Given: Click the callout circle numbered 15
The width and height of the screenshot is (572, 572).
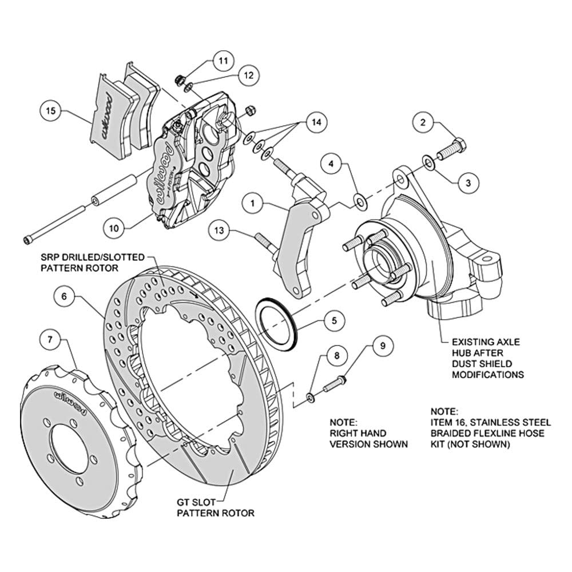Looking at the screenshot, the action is [51, 110].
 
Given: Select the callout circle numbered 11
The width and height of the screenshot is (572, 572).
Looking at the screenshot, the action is [223, 60].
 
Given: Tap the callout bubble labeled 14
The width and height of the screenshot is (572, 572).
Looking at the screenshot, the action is [316, 122].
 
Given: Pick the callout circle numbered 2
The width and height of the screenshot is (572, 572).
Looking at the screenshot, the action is [423, 122].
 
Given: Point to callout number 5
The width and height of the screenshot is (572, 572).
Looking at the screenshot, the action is [334, 321].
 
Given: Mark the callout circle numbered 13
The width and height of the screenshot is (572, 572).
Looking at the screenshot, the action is [219, 230].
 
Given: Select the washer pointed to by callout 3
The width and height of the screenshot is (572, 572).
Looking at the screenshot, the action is [428, 162].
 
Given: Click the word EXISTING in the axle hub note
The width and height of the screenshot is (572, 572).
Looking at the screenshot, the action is [471, 342].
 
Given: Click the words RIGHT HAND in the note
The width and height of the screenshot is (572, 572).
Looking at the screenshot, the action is [358, 434].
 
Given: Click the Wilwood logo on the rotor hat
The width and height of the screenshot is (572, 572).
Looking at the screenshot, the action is [71, 403].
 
